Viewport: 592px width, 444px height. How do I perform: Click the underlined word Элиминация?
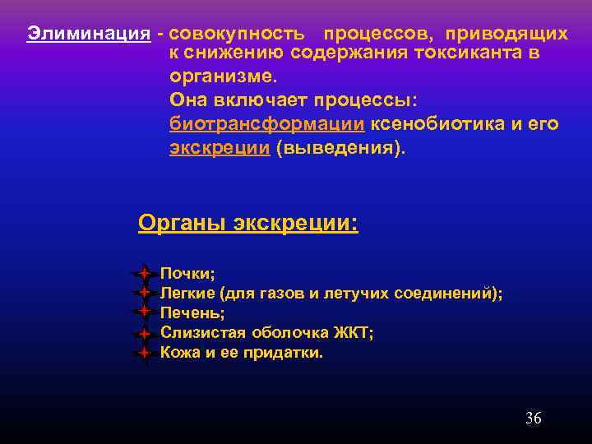coord(88,34)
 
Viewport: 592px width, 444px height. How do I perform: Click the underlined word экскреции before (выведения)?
coord(220,149)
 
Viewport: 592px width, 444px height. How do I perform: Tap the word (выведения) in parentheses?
coord(342,149)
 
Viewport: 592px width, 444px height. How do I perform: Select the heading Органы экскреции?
coord(248,223)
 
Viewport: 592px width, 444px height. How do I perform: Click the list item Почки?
coord(187,273)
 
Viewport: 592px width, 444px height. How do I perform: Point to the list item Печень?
coord(192,312)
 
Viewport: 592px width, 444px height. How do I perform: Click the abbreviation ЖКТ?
coord(354,333)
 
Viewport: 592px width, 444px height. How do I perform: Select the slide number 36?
coord(533,419)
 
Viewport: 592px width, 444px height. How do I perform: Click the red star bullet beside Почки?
coord(143,272)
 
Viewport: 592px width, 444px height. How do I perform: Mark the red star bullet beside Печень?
coord(143,312)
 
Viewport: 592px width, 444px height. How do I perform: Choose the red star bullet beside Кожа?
coord(143,353)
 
